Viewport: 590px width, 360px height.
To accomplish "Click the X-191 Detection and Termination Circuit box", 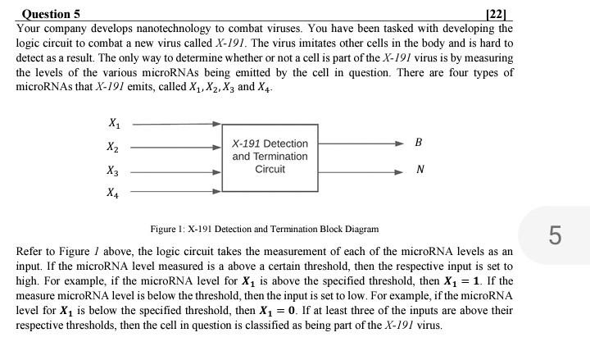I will [270, 157].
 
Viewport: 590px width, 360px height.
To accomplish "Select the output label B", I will [420, 143].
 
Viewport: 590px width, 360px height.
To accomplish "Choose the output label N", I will [420, 171].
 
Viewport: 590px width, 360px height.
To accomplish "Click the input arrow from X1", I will [176, 125].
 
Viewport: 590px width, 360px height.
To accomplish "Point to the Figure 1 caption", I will [264, 229].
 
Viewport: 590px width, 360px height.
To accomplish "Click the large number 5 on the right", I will [555, 236].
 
